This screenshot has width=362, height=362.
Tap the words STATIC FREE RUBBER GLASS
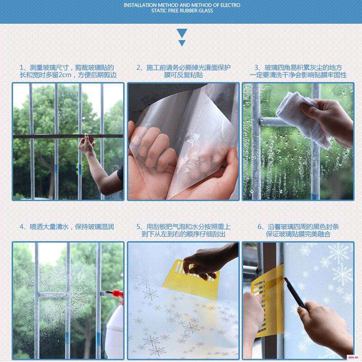point(182,10)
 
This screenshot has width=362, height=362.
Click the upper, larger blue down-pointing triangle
point(182,33)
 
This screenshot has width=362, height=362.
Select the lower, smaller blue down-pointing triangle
point(182,43)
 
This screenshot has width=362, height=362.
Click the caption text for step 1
point(68,71)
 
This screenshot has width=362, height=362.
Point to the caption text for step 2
point(183,71)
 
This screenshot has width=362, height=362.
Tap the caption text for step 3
point(298,71)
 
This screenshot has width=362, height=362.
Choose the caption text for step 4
point(67,227)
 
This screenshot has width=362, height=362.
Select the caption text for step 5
point(183,230)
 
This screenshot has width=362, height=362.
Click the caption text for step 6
point(298,230)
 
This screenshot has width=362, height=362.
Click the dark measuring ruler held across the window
point(68,136)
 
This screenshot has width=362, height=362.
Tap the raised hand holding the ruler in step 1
point(87,146)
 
